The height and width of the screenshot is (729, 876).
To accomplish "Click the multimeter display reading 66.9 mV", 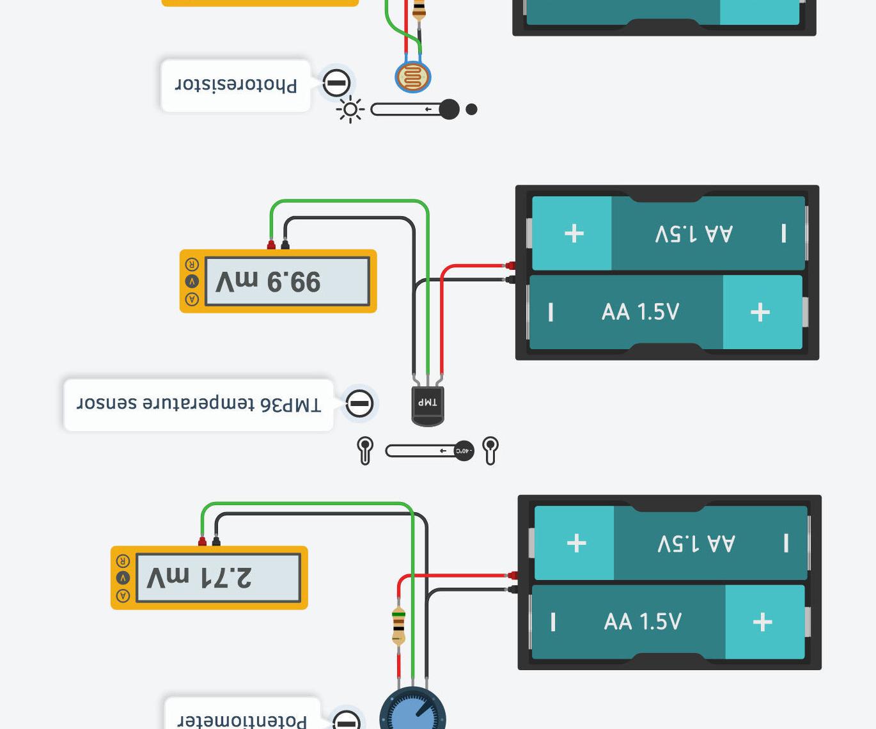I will [287, 281].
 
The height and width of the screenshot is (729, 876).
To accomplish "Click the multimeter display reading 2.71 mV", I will [218, 578].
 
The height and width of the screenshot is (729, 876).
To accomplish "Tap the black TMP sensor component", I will [427, 405].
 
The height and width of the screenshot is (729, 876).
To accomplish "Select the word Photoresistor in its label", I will [236, 85].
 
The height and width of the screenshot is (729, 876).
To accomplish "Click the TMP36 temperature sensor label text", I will [199, 404].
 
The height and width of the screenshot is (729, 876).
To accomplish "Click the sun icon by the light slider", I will [350, 110].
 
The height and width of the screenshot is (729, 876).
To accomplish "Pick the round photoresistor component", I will [413, 77].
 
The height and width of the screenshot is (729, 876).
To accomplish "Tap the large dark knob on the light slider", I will [449, 109].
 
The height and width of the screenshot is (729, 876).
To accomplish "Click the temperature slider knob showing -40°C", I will [464, 451].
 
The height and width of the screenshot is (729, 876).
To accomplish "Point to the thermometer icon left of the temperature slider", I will [365, 450].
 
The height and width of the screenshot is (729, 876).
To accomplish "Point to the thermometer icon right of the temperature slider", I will [490, 450].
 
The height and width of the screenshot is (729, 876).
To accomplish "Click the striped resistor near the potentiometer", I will [398, 625].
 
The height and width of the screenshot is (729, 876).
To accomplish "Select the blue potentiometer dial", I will [412, 711].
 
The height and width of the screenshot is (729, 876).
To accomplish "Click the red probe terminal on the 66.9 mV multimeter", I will [271, 245].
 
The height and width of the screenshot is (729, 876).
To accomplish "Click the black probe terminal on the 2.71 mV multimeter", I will [216, 542].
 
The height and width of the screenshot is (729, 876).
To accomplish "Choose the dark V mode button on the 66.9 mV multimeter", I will [192, 281].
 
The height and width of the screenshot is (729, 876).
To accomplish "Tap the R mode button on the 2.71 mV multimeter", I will [123, 561].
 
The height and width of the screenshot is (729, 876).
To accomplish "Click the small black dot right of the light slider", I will [472, 109].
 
